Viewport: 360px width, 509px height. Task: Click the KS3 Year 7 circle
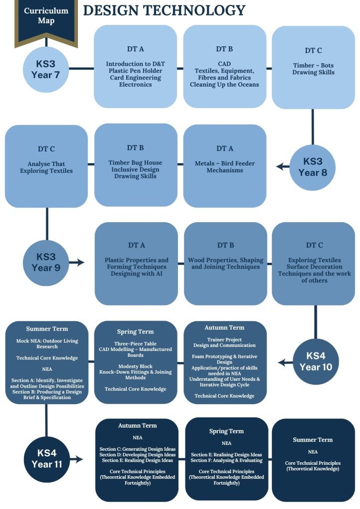46,69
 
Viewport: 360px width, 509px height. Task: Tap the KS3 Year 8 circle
313,167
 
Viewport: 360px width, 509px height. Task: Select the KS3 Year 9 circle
46,262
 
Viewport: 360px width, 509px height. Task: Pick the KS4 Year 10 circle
316,362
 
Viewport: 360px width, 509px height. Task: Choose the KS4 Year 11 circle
47,459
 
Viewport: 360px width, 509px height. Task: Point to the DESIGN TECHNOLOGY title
164,10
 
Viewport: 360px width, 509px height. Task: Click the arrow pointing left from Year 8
283,167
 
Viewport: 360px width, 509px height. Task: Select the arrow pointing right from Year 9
76,262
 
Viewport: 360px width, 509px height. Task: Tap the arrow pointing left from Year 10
285,362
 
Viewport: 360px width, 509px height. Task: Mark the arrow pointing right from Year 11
76,459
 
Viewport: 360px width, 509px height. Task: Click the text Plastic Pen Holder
135,71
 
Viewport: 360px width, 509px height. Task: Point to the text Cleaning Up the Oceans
224,85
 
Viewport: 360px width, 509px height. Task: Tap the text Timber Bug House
135,163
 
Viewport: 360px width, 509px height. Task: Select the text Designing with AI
136,274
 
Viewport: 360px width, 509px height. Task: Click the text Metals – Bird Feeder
225,163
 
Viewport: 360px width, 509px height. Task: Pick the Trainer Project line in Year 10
224,339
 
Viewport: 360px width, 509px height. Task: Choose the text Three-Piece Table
135,343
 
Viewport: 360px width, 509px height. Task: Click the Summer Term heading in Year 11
313,440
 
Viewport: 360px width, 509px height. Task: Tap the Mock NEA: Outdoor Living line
47,341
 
